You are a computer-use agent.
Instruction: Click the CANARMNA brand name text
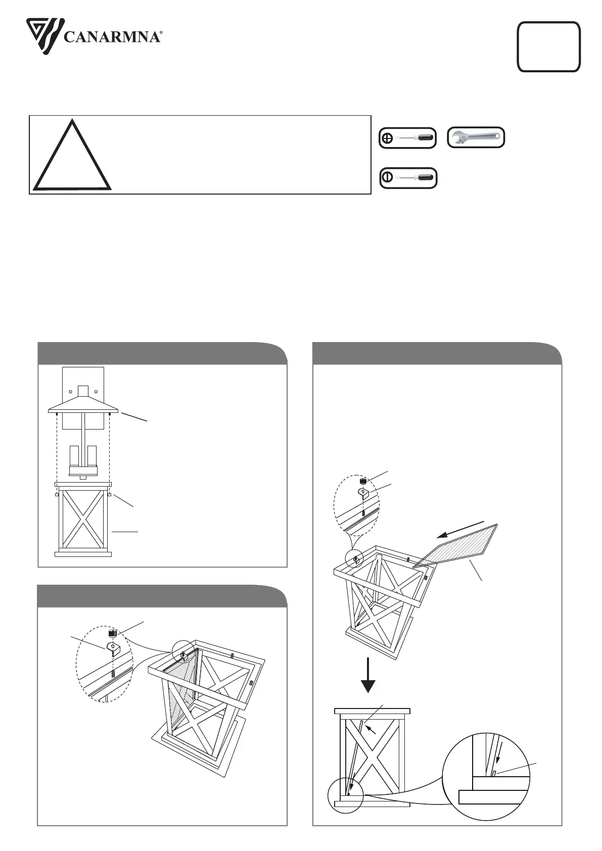(x=112, y=37)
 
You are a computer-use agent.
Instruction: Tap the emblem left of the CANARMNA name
(x=44, y=32)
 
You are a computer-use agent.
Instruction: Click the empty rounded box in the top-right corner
(x=548, y=46)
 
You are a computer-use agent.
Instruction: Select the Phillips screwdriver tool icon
(x=407, y=138)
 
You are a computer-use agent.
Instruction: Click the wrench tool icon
(x=476, y=137)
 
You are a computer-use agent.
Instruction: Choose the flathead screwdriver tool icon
(x=408, y=178)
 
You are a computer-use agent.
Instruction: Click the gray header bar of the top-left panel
(x=162, y=353)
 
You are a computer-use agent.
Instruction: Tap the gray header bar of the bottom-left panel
(x=162, y=596)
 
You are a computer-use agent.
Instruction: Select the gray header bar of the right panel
(x=437, y=353)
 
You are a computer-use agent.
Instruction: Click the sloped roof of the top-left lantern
(x=83, y=404)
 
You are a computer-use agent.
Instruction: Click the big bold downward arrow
(x=368, y=675)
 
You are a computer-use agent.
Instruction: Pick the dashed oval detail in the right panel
(x=357, y=505)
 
